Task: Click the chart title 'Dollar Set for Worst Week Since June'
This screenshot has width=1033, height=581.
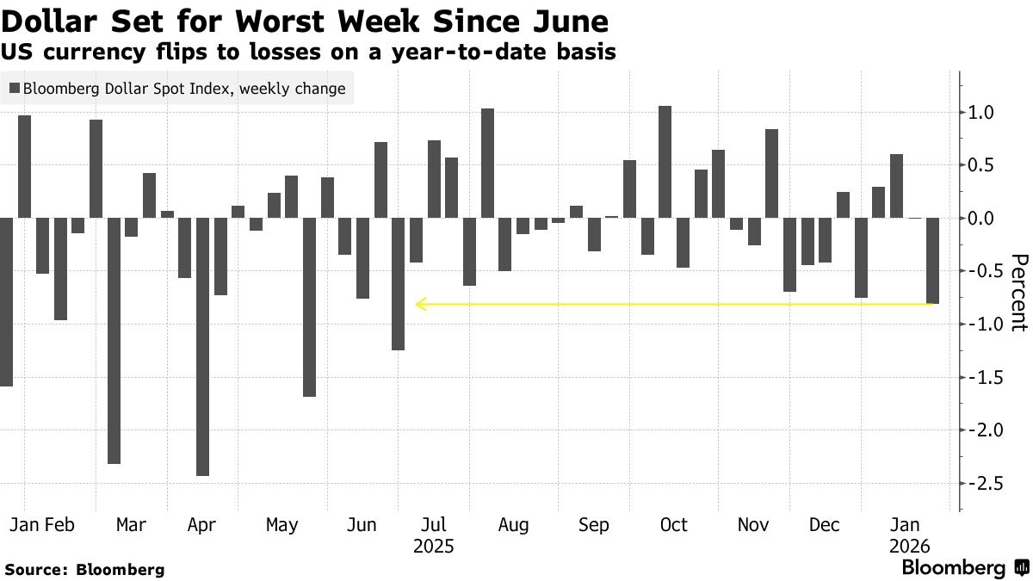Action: pos(305,21)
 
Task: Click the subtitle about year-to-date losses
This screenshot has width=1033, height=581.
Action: pos(308,52)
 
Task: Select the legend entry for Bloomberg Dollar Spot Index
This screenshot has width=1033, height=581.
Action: pos(177,88)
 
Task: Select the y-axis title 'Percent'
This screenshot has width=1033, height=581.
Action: pos(1019,293)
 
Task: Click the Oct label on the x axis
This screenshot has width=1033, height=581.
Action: pos(673,525)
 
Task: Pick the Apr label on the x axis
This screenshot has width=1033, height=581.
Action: pos(201,525)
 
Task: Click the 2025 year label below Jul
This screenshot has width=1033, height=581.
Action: pos(434,547)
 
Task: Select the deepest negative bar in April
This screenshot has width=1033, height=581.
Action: pos(202,346)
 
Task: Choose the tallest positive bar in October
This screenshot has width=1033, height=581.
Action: pos(665,162)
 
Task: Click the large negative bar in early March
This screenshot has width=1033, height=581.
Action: pos(114,340)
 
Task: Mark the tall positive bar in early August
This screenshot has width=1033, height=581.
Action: pos(487,164)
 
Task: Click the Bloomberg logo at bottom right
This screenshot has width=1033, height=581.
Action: pos(964,568)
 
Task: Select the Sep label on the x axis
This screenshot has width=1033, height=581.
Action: pos(594,525)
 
